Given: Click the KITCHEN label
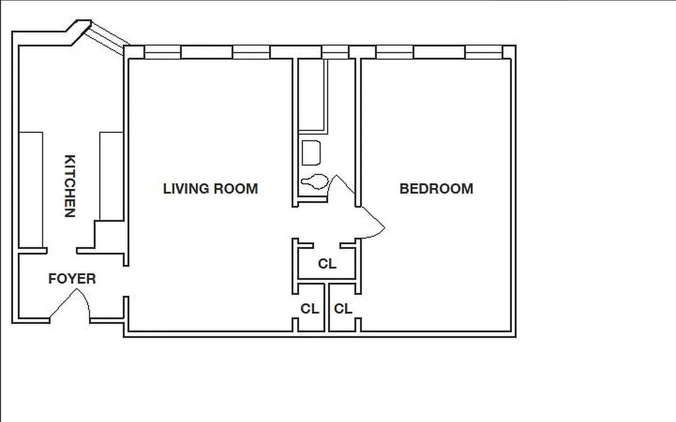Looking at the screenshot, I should pos(70,186).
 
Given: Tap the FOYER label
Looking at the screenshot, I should pos(72,279).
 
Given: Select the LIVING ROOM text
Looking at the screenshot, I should pos(211,188).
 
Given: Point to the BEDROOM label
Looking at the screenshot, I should pos(436,188).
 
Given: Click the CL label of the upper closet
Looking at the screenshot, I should pos(327,263).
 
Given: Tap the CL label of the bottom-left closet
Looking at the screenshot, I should pos(310,309).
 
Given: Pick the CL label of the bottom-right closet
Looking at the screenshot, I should pos(343,309).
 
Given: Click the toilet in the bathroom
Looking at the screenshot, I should pos(315,182).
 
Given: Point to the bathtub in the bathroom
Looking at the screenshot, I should pos(312,95).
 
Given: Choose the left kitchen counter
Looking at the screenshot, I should pos(31,189).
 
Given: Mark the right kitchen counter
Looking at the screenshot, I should pos(111,175).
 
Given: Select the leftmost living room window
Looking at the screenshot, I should pos(163,52).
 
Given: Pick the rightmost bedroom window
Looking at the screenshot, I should pos(483,52).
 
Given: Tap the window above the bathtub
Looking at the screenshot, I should pos(335,52).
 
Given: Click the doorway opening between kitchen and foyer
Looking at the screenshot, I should pos(62,251).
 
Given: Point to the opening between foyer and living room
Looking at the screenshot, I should pos(127,281).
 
